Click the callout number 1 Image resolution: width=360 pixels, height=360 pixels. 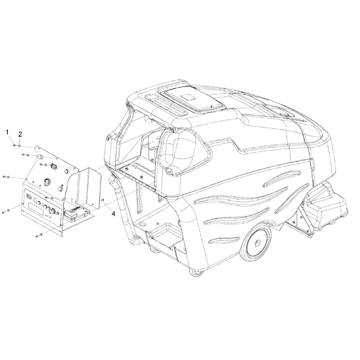7,132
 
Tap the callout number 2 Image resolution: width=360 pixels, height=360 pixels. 20,134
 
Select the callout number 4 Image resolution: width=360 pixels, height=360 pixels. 113,214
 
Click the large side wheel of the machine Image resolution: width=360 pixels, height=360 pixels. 256,243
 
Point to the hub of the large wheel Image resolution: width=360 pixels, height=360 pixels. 257,243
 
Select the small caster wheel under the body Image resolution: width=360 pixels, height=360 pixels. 197,273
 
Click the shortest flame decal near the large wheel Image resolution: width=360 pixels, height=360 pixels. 224,240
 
